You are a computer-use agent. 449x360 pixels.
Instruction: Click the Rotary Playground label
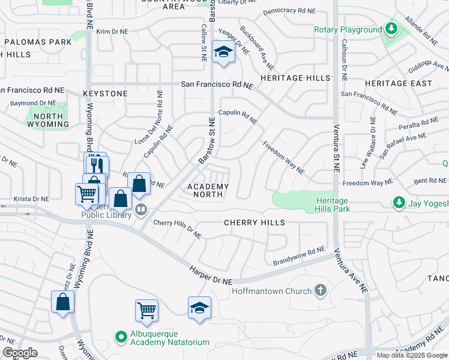348,29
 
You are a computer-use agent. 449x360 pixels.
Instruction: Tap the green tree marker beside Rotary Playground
391,29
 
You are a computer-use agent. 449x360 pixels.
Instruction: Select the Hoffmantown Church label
272,292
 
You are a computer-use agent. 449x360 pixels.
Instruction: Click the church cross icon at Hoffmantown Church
321,291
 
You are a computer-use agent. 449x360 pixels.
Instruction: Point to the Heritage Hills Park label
332,205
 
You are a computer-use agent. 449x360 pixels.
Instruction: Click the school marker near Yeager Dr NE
223,53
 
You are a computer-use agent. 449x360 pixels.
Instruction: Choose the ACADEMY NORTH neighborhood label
208,191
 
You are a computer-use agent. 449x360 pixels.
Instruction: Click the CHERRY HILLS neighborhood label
254,223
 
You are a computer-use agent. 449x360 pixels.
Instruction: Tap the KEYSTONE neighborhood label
106,94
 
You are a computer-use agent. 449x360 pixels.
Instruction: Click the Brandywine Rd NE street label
298,258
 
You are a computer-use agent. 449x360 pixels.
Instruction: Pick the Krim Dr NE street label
113,31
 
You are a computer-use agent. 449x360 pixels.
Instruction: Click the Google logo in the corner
20,353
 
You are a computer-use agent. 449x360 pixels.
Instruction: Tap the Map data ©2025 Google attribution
412,355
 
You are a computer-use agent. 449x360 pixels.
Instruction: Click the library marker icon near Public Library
141,210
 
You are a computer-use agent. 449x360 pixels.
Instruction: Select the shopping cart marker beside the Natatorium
146,311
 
